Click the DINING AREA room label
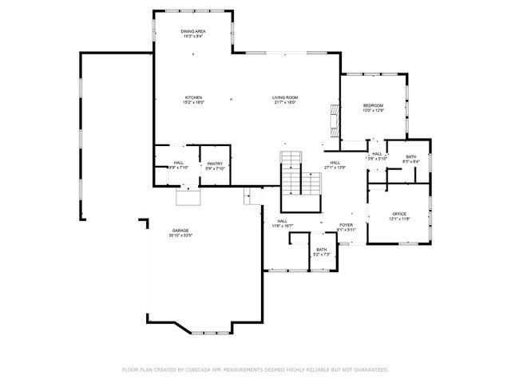(x=193, y=31)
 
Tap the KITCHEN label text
(x=193, y=97)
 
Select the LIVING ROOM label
(x=285, y=97)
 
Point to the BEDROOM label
(x=374, y=106)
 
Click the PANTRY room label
(x=215, y=164)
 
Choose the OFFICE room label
(x=399, y=214)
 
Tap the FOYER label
(x=346, y=225)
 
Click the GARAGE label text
(x=180, y=231)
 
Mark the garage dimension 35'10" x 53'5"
(x=180, y=236)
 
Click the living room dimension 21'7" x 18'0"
(x=285, y=102)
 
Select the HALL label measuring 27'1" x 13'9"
(x=335, y=163)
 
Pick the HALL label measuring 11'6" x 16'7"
(x=282, y=221)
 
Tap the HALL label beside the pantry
(x=179, y=164)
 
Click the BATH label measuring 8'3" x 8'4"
(x=410, y=156)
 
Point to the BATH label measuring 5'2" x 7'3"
(x=320, y=250)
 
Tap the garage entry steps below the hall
(x=188, y=196)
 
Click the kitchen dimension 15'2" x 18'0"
(x=193, y=102)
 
